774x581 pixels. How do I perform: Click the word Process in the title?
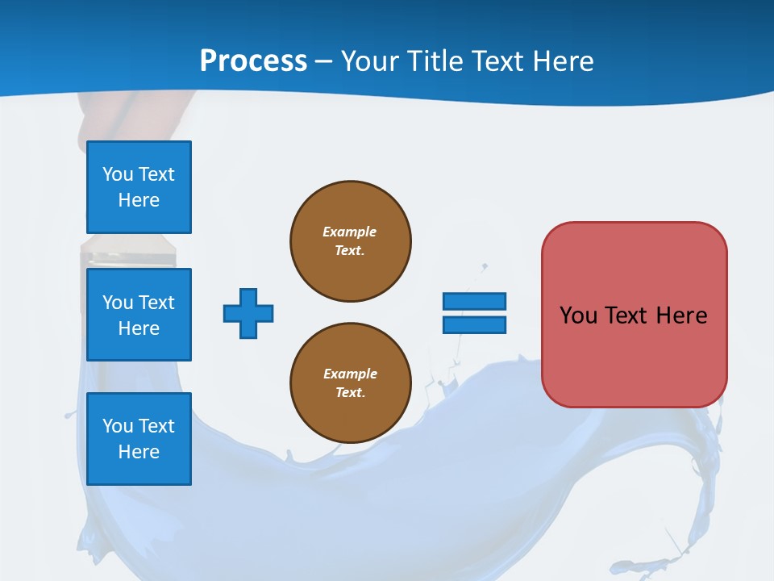[253, 61]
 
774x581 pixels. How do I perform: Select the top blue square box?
[139, 187]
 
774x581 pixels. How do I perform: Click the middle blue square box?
[139, 315]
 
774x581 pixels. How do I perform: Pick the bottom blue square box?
[139, 439]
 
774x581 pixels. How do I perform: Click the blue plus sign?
[248, 313]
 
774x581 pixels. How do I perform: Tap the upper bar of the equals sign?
[474, 301]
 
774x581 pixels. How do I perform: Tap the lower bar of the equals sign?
[474, 325]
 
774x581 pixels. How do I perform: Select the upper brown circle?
[351, 241]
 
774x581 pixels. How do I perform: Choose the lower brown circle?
[351, 383]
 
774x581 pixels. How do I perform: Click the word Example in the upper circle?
[349, 232]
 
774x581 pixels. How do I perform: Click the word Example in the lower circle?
[350, 374]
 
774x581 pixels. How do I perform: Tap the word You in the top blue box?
[118, 174]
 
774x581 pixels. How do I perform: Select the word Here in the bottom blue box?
[139, 452]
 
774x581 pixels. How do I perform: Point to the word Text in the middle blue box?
[156, 303]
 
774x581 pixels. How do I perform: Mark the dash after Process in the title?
[324, 61]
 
